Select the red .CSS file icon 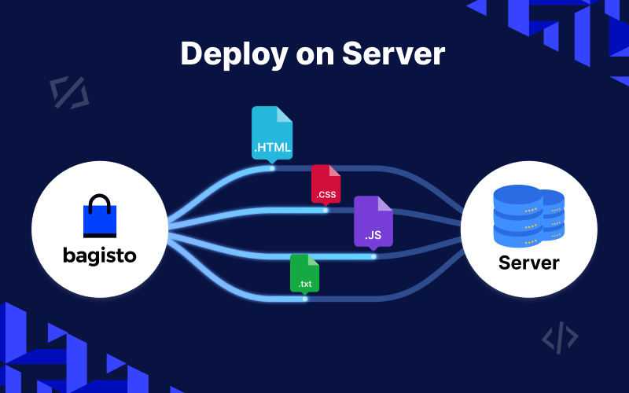[x=326, y=185]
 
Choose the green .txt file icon [x=304, y=273]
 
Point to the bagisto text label [x=99, y=256]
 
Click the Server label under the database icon [x=528, y=262]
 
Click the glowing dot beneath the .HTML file [x=272, y=167]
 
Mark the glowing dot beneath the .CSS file [x=326, y=210]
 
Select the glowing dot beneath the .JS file [x=373, y=256]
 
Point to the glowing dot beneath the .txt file [x=305, y=299]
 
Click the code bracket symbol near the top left [x=69, y=92]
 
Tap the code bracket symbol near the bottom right [x=560, y=337]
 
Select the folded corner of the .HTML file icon [x=284, y=115]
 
